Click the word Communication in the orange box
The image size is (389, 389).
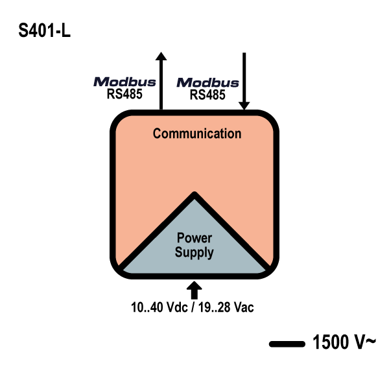coord(196,134)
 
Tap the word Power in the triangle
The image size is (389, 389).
coord(194,239)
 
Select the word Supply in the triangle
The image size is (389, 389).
coord(194,252)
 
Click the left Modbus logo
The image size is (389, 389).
coord(125,82)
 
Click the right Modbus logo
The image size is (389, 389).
coord(207,83)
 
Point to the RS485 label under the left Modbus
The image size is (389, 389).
coord(125,94)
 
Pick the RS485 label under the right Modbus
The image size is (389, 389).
coord(207,95)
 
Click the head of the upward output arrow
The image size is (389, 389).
coord(161,55)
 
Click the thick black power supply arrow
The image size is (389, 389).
coord(194,289)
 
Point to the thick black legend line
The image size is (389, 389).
coord(287,344)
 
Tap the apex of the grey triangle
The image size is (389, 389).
coord(194,194)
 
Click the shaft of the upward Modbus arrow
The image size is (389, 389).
coord(161,84)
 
